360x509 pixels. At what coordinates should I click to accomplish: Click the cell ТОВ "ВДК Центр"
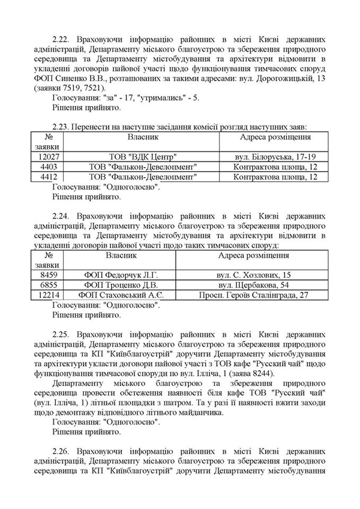[142, 156]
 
